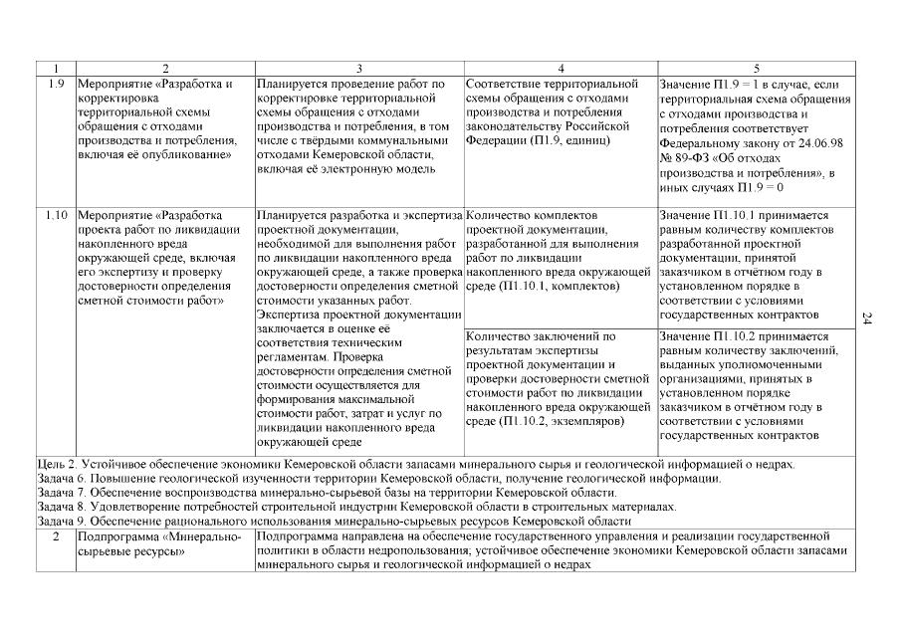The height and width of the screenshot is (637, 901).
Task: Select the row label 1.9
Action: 56,84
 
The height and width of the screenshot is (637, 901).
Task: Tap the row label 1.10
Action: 56,214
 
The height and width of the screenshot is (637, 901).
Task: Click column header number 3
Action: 359,69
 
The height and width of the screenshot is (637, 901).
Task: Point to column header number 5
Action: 756,69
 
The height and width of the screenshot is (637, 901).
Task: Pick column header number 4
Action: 561,69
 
